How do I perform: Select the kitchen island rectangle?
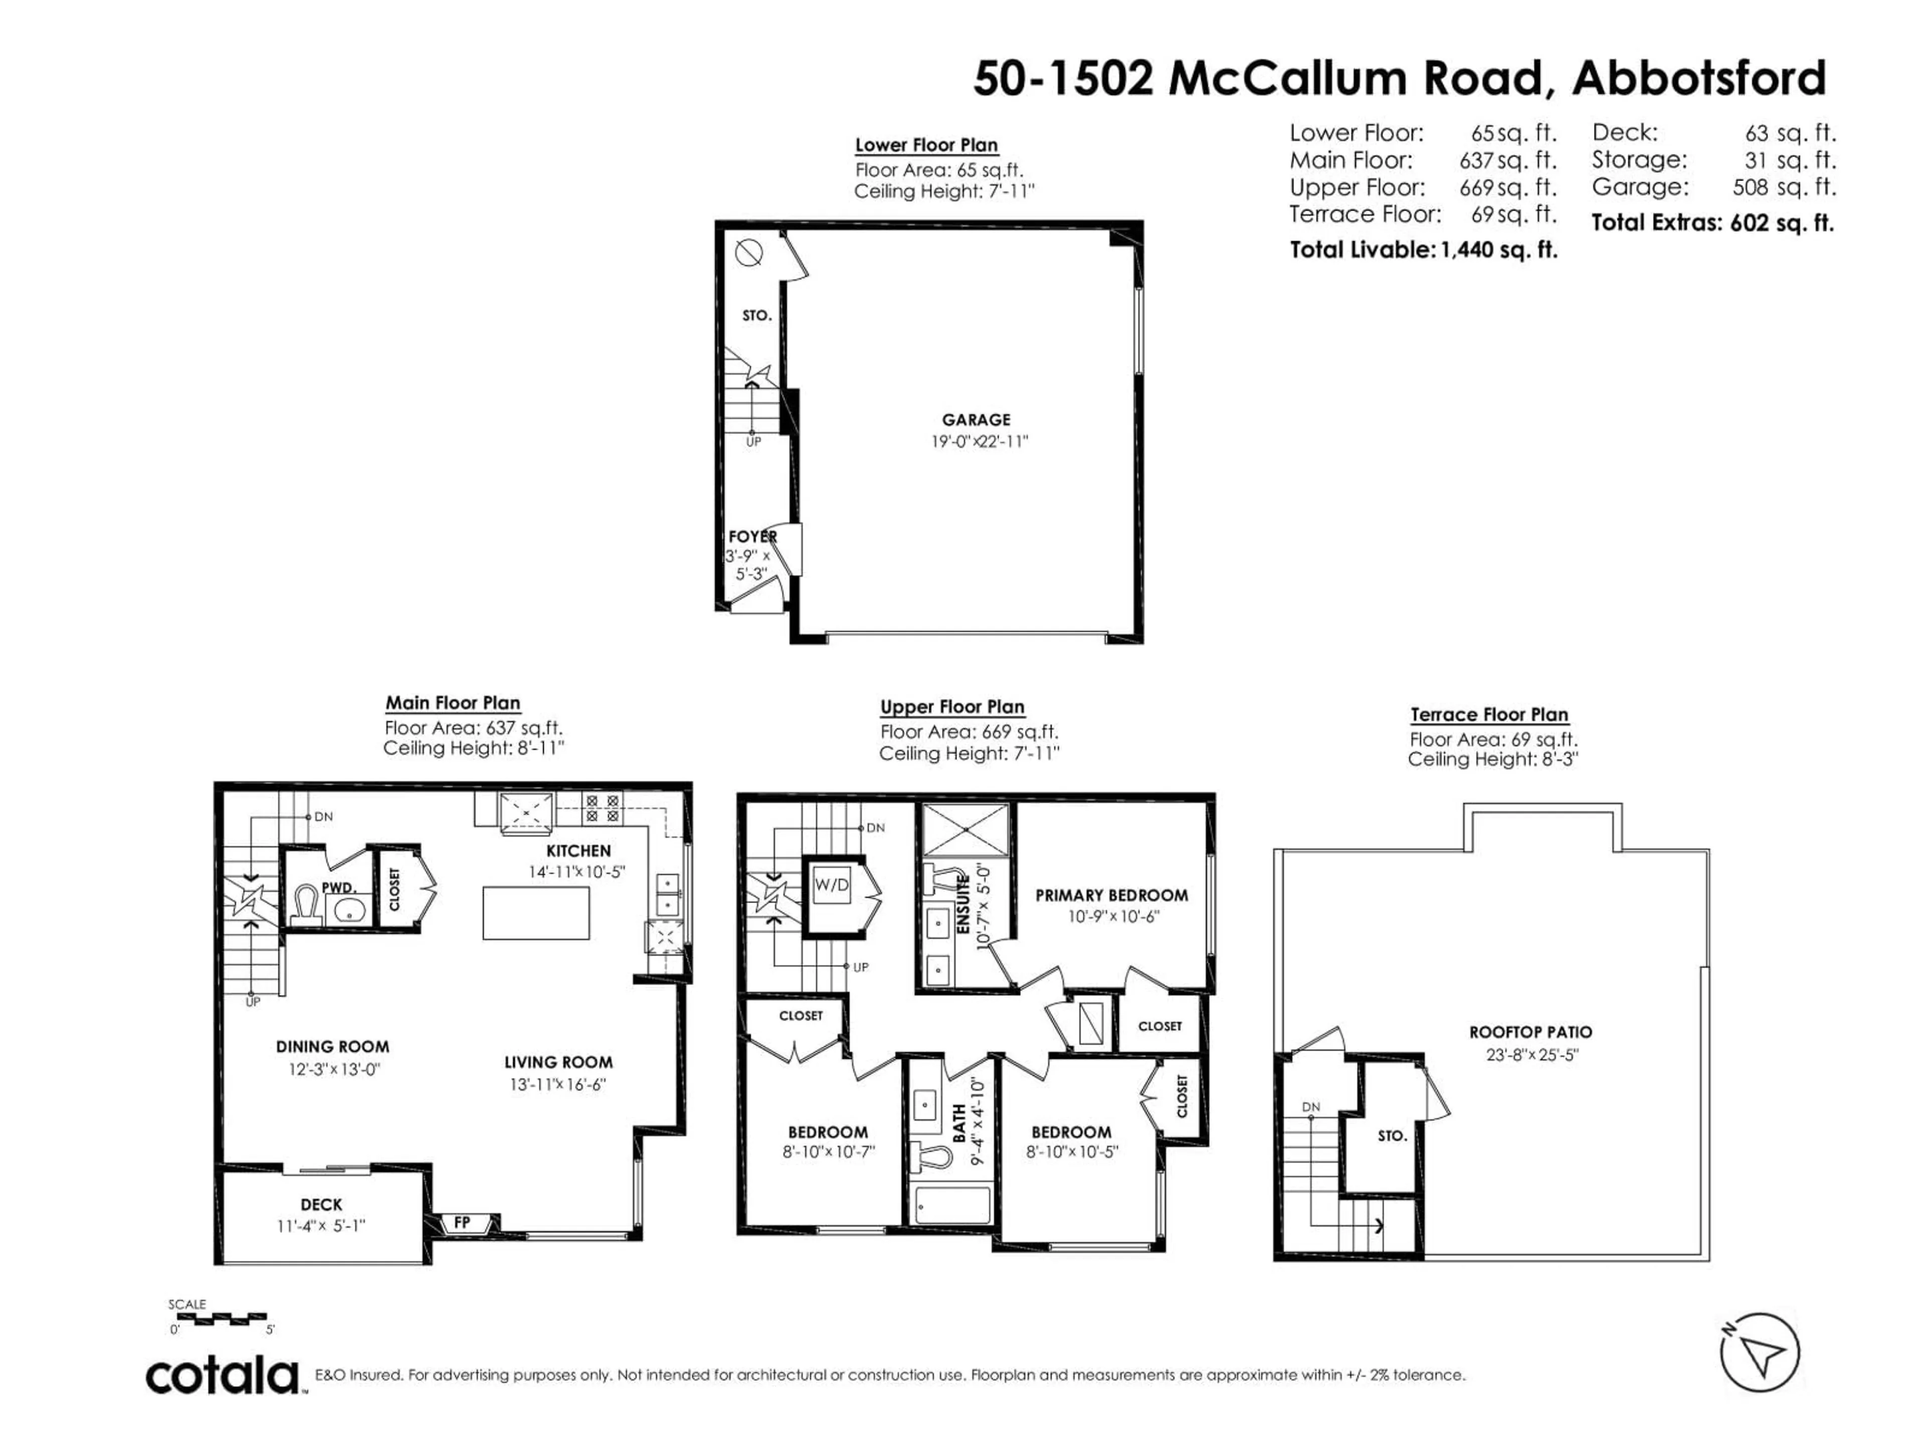tap(536, 913)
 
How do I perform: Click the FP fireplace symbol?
tap(462, 1223)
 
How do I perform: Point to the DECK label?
tap(321, 1205)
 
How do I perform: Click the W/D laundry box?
tap(831, 885)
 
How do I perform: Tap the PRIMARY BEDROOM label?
tap(1111, 895)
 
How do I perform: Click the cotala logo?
tap(222, 1376)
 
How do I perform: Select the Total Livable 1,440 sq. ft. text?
tap(1423, 250)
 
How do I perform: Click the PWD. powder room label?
tap(338, 888)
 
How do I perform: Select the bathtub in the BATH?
tap(952, 1205)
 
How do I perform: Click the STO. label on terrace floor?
tap(1392, 1136)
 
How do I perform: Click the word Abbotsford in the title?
tap(1699, 78)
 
